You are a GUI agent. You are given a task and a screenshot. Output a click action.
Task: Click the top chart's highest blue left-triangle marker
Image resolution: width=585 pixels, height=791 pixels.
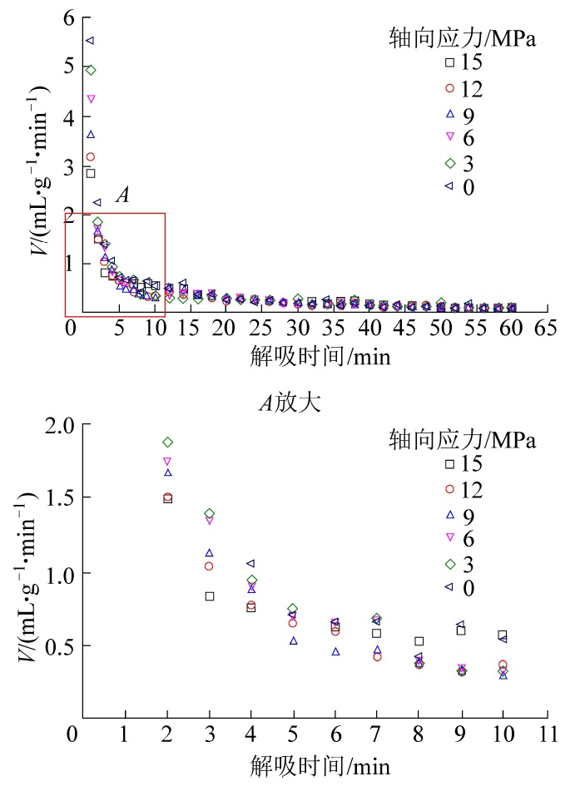pyautogui.click(x=90, y=40)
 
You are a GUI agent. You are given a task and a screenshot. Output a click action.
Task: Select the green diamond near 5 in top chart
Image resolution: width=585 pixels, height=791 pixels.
pyautogui.click(x=91, y=70)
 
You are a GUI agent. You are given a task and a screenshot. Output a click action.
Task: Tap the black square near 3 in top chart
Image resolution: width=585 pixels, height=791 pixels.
pyautogui.click(x=91, y=173)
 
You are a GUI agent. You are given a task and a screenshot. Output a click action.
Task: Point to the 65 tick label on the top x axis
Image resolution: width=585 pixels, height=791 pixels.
pyautogui.click(x=546, y=328)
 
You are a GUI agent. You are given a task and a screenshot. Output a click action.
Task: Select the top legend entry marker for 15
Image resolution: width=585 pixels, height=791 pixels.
pyautogui.click(x=449, y=62)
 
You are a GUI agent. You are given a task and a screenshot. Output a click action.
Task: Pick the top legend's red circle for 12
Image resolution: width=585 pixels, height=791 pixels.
pyautogui.click(x=449, y=87)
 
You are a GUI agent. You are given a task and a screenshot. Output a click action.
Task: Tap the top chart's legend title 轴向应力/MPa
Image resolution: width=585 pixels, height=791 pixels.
pyautogui.click(x=463, y=37)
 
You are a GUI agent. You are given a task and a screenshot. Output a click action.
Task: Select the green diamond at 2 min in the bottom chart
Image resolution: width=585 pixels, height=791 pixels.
pyautogui.click(x=167, y=442)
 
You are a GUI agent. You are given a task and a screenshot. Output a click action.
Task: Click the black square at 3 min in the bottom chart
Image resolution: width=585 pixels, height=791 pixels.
pyautogui.click(x=210, y=596)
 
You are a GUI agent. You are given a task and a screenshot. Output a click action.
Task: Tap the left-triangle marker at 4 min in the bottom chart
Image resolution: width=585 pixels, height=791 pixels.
pyautogui.click(x=250, y=564)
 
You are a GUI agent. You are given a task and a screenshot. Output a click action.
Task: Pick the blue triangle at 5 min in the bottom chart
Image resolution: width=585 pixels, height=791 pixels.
pyautogui.click(x=293, y=640)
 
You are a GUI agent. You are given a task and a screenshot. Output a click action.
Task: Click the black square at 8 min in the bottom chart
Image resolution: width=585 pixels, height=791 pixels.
pyautogui.click(x=419, y=641)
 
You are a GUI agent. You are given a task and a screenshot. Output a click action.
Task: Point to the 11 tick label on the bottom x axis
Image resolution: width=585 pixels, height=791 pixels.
pyautogui.click(x=546, y=734)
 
